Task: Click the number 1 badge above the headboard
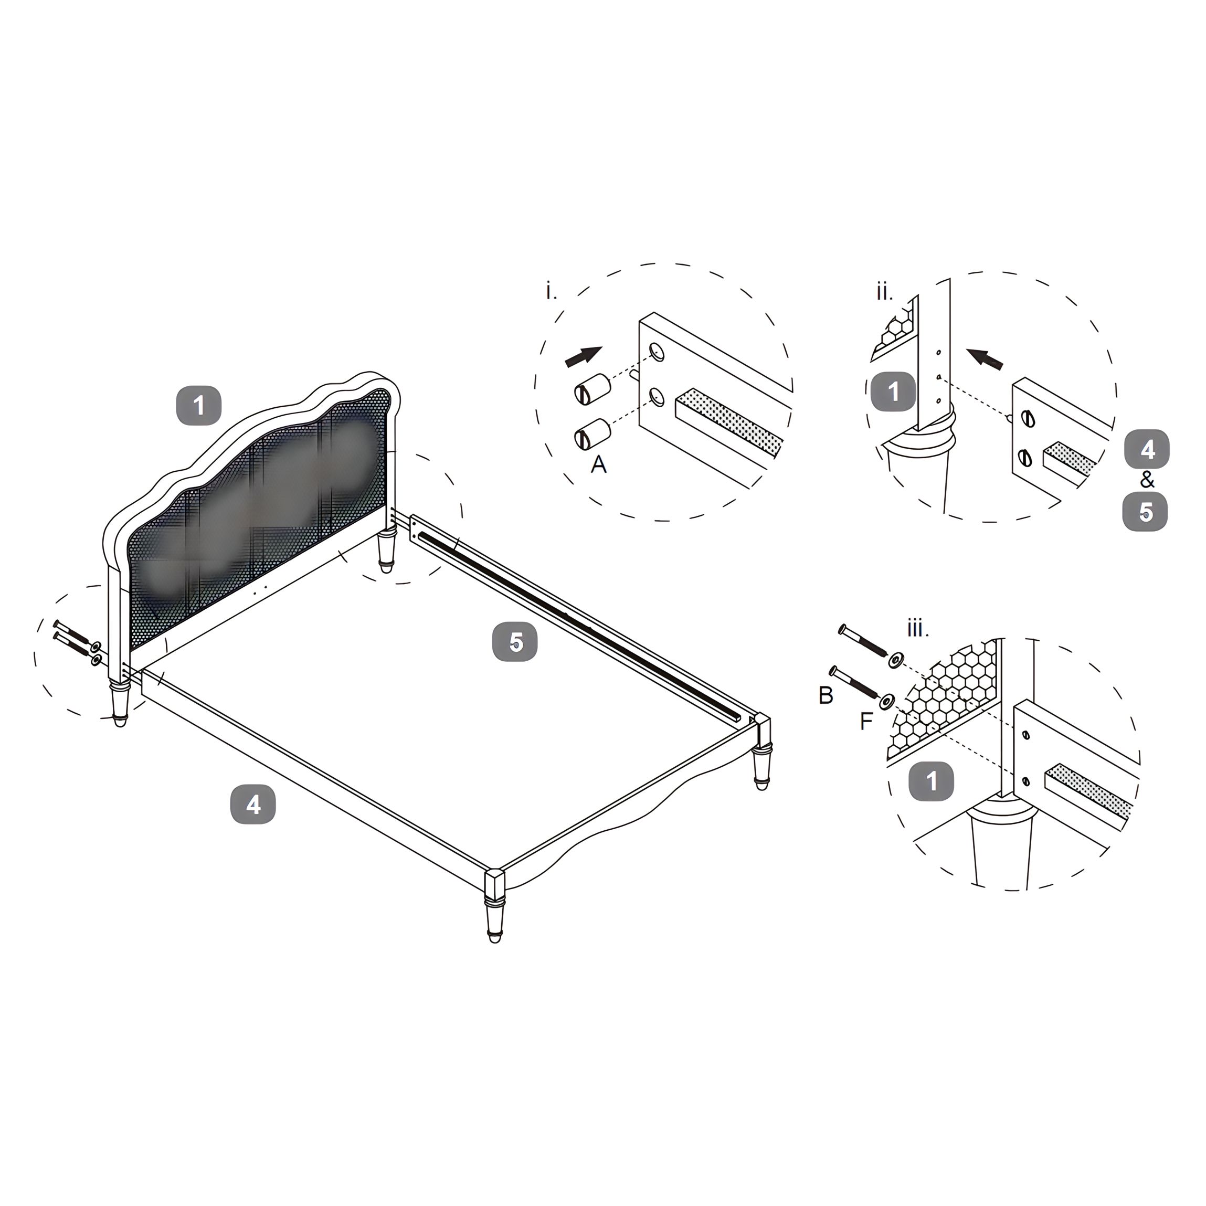point(198,406)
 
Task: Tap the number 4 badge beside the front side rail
point(253,805)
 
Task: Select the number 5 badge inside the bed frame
point(515,642)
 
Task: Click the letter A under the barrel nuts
point(598,464)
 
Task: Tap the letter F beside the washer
point(866,722)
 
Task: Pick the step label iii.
point(917,629)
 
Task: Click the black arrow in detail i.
point(584,357)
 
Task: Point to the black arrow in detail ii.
point(985,358)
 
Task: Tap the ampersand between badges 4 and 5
point(1147,480)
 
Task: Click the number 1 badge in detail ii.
point(893,392)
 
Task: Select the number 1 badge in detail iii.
point(930,781)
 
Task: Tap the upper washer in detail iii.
point(896,659)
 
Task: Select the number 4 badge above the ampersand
point(1147,449)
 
